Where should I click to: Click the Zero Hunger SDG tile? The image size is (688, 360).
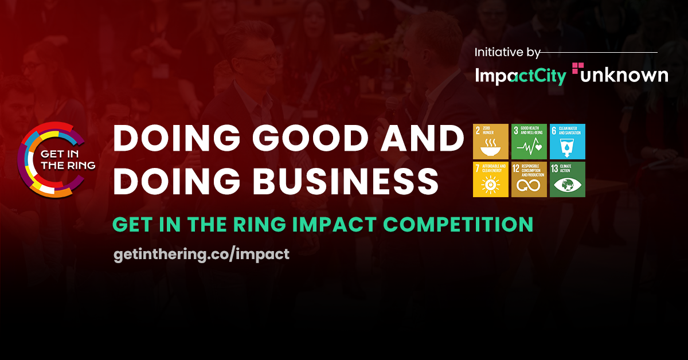tap(491, 141)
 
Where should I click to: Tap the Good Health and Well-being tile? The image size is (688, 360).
tap(529, 141)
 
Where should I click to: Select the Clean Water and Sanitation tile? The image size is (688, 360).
tap(568, 141)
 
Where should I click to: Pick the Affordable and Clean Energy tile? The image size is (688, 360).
tap(491, 179)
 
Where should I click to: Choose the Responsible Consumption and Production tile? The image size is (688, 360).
tap(529, 179)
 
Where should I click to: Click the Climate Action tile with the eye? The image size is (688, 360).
tap(568, 179)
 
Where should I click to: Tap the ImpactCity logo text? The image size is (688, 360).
tap(521, 76)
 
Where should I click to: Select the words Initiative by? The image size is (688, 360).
tap(507, 53)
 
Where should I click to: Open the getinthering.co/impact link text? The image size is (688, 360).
tap(201, 254)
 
